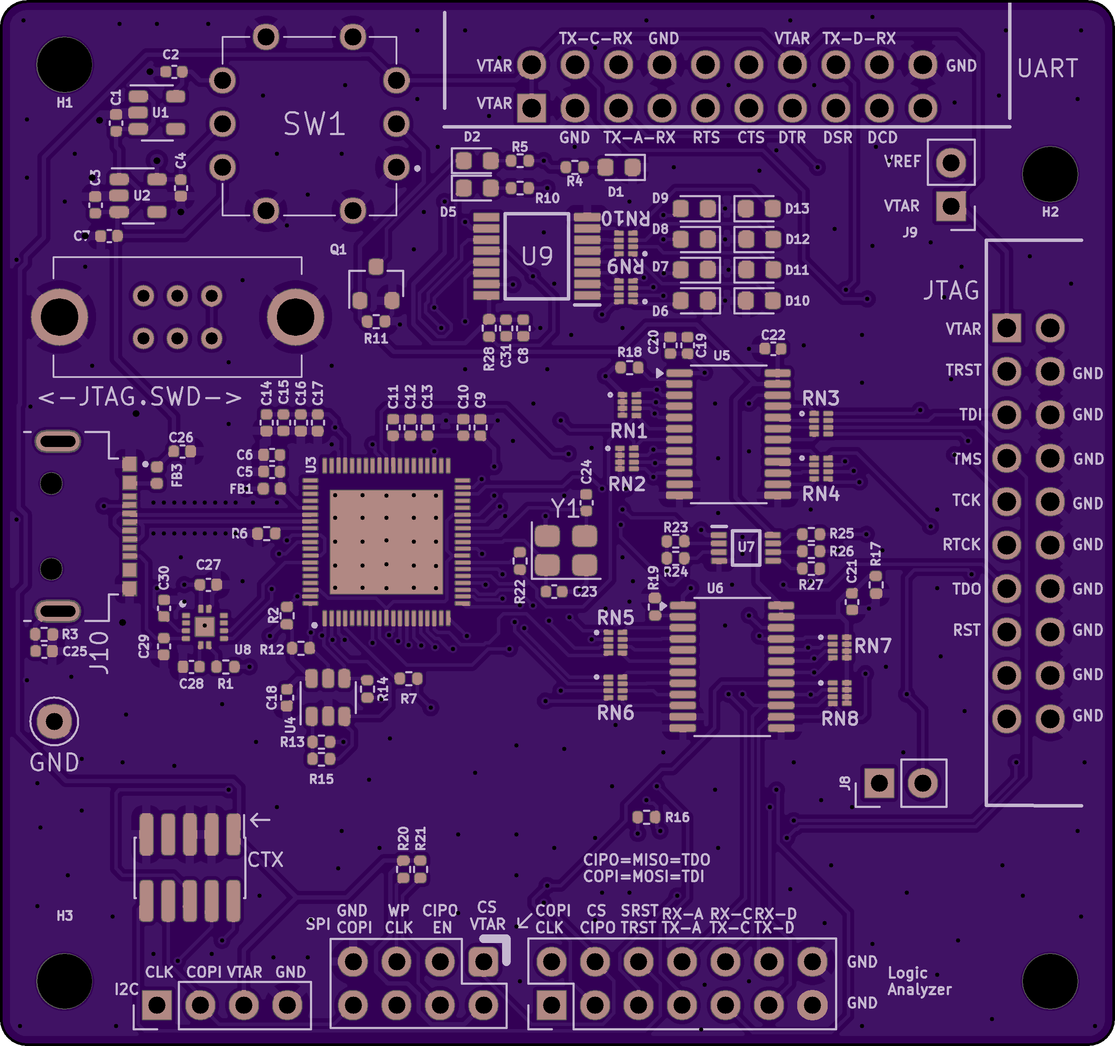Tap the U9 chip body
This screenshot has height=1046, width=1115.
(537, 256)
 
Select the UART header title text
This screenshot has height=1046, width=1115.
(1048, 68)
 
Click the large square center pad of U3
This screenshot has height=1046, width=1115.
(386, 542)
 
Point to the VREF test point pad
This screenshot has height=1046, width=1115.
(951, 162)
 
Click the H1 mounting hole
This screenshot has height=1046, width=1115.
(64, 64)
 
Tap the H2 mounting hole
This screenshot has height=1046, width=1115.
(1050, 174)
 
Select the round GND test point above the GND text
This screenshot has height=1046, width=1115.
(54, 722)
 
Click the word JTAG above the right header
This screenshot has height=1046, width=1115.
(951, 290)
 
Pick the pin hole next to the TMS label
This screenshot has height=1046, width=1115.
(1006, 459)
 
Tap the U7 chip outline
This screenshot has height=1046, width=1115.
(746, 547)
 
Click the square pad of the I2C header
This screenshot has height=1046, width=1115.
(156, 1005)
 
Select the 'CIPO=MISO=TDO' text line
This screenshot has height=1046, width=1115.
(646, 859)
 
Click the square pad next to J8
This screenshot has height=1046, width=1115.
(879, 783)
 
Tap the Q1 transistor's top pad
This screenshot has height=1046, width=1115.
(376, 266)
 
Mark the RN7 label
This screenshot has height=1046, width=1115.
(873, 646)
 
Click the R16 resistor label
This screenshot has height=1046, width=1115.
(677, 817)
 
